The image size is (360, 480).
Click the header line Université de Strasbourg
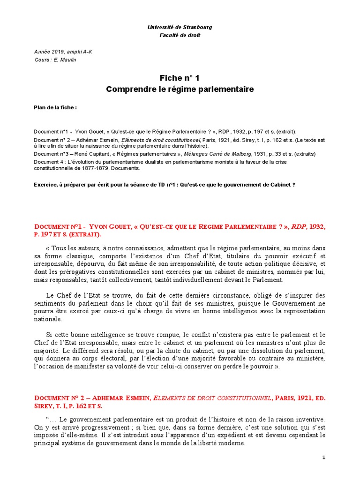[x=180, y=27]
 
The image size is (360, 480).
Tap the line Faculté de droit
[x=180, y=36]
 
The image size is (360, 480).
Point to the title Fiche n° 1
[x=180, y=78]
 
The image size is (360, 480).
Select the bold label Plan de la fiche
[x=55, y=107]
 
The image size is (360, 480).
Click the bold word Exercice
[x=45, y=185]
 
